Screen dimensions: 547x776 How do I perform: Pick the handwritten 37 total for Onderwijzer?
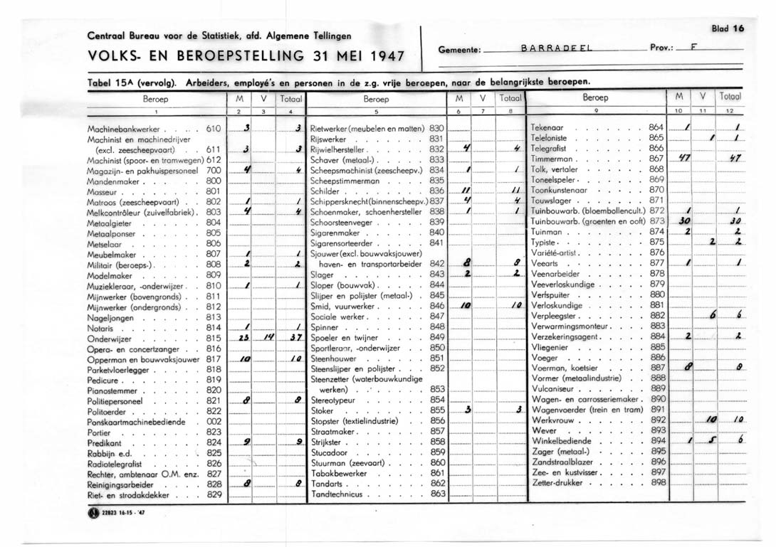coord(289,338)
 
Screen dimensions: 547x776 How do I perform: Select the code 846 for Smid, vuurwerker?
coord(437,305)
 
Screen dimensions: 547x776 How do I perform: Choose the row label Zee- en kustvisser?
coord(567,472)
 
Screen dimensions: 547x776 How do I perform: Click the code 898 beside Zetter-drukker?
coord(658,482)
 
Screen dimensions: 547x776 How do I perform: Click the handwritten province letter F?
coord(693,48)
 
